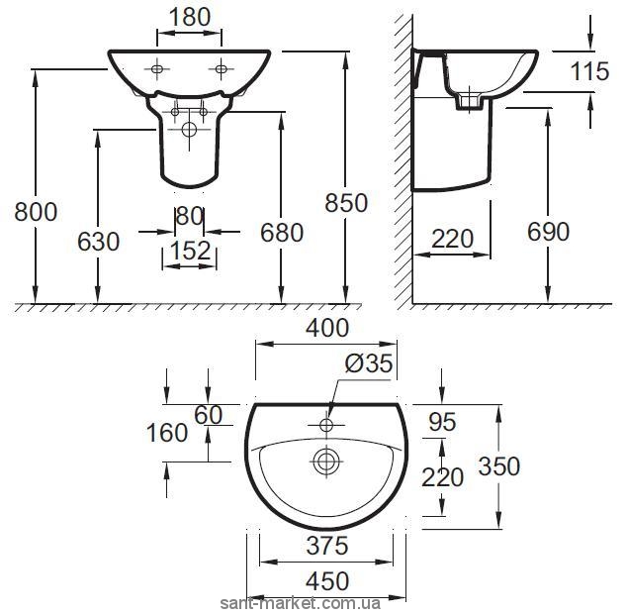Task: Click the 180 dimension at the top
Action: [x=190, y=18]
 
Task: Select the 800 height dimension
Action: [x=36, y=212]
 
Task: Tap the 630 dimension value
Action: [x=98, y=242]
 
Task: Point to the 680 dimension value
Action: [x=282, y=233]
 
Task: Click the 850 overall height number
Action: [x=346, y=203]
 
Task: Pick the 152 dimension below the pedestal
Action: [x=190, y=251]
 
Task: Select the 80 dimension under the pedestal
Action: [x=189, y=216]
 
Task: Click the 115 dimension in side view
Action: [x=589, y=71]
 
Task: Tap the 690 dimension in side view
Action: [x=548, y=232]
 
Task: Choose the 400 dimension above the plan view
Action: [x=327, y=328]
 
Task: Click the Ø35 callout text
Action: [x=369, y=363]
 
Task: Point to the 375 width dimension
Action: [x=327, y=546]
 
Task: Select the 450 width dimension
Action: [x=327, y=581]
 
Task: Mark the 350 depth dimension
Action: [x=499, y=466]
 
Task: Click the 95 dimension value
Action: [x=442, y=422]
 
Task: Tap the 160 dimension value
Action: [x=167, y=433]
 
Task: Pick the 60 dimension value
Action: [x=208, y=415]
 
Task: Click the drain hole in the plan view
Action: [x=326, y=461]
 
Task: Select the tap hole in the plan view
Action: [x=326, y=425]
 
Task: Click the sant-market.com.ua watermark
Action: [x=301, y=603]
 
